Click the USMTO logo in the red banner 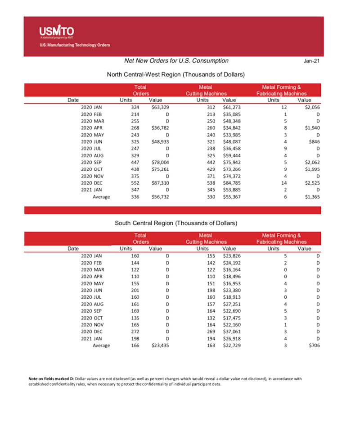56,32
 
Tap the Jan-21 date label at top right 312,61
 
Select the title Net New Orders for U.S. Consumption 176,61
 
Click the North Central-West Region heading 175,74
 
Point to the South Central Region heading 176,223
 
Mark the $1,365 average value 310,197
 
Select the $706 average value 313,346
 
